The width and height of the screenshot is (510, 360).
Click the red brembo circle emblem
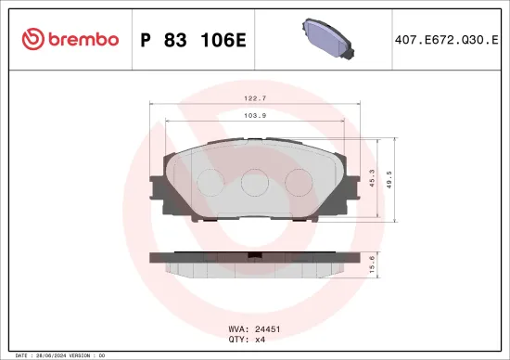pos(32,39)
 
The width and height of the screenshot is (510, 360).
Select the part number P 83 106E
pos(191,39)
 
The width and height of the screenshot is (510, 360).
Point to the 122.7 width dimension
pos(254,97)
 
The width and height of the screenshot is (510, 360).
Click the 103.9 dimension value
pos(254,115)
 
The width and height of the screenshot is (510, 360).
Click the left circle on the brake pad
pos(210,182)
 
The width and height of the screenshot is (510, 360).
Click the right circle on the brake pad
pos(299,182)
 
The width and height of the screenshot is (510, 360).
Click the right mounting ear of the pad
pos(351,190)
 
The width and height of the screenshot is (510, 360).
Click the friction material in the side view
pos(255,269)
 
